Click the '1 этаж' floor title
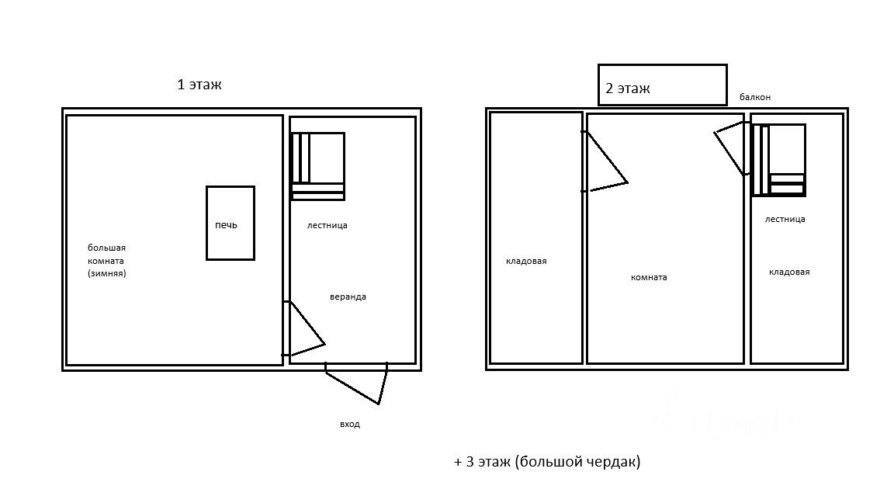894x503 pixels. point(199,85)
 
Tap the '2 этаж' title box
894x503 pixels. point(662,85)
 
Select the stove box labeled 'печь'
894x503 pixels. point(230,223)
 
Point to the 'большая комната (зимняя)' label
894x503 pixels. point(106,261)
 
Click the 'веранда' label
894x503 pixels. point(348,297)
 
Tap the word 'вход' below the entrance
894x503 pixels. point(350,425)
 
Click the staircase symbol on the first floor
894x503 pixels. point(317,166)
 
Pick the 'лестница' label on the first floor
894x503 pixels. point(327,225)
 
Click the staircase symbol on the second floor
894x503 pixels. point(778,160)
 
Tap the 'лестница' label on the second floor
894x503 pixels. point(785,219)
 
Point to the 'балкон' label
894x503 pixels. point(755,97)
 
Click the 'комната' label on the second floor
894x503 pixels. point(649,277)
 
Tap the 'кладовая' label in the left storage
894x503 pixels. point(526,261)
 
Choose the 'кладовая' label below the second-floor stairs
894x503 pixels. point(789,272)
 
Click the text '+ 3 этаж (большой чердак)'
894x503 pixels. point(547,462)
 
